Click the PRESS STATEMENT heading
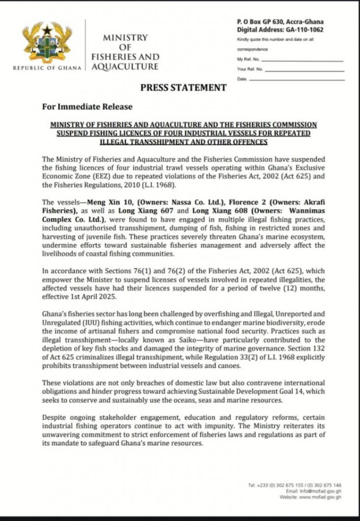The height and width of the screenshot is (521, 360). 183,88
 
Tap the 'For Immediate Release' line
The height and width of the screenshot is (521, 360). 87,107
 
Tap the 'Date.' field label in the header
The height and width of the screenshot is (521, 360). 242,79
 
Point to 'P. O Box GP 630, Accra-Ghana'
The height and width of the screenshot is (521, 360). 280,22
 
